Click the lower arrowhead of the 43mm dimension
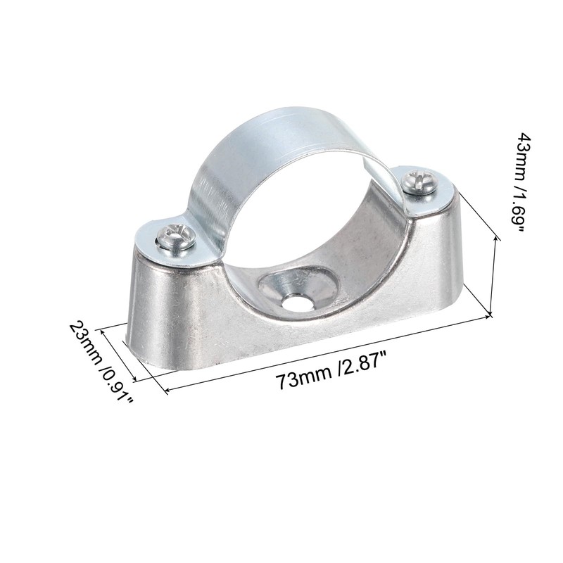[489, 315]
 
